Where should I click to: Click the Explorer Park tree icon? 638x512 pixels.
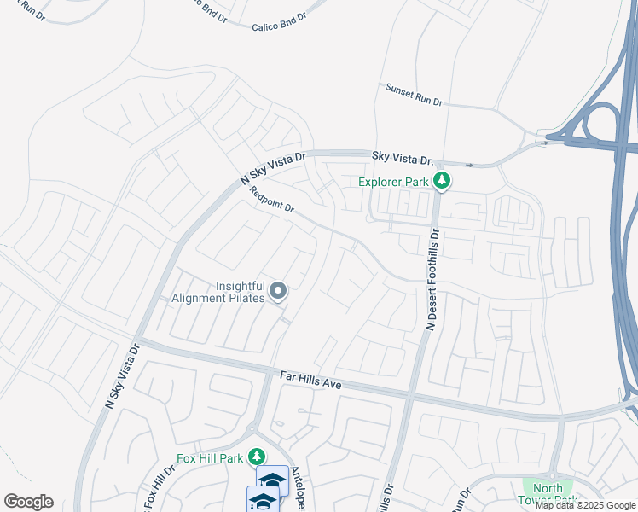pos(441,181)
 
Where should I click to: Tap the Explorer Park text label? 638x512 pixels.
pos(394,181)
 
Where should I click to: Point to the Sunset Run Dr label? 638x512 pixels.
pos(414,94)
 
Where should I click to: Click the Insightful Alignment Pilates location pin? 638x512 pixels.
pos(278,293)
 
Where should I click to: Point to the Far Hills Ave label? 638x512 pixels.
pos(310,380)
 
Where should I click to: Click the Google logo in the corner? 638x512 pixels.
pos(28,502)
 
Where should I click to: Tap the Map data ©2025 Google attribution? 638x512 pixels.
pos(585,505)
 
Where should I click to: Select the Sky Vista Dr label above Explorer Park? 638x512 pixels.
pos(403,157)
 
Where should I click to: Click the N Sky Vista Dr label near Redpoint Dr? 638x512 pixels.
pos(273,164)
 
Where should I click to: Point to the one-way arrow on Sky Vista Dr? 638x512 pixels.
pos(469,164)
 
